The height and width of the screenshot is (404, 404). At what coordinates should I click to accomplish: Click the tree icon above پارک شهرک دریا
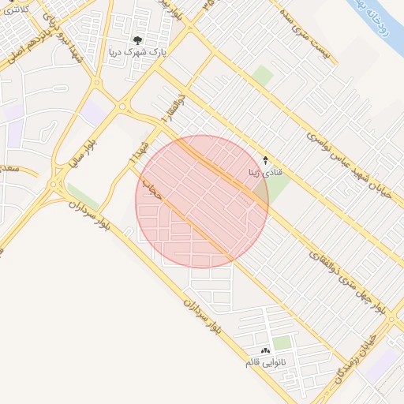138,40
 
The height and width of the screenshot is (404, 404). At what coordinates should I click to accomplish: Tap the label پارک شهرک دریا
137,52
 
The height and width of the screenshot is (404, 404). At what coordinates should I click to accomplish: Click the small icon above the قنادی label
265,159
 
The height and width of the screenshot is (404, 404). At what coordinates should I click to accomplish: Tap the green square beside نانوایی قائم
282,342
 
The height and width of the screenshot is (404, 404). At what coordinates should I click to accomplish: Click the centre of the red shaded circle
202,202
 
